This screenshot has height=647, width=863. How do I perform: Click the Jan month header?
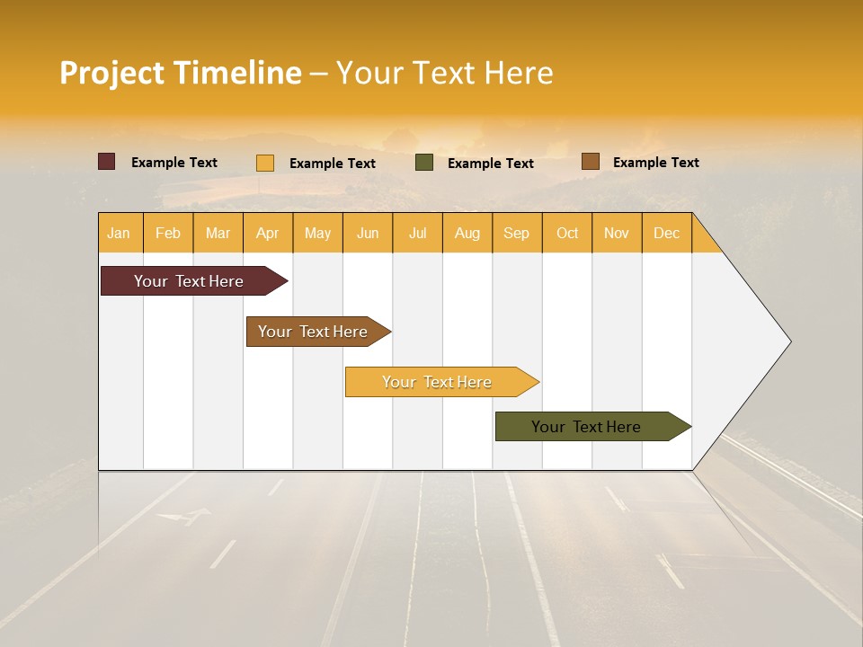(x=119, y=233)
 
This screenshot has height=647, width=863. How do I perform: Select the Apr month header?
(x=268, y=233)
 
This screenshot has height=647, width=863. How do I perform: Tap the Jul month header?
(x=417, y=233)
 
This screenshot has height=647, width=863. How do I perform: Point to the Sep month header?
(x=516, y=233)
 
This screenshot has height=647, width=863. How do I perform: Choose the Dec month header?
(x=666, y=233)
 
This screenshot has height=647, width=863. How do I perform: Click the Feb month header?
(x=168, y=233)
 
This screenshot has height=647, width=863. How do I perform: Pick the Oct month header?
(x=567, y=233)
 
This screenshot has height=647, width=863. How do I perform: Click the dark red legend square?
(x=107, y=162)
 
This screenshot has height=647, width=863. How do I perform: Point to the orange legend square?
(x=265, y=163)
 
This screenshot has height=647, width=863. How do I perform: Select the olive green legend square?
(x=424, y=163)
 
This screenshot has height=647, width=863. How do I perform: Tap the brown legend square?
(x=591, y=162)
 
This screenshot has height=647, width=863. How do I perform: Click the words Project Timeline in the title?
(x=181, y=73)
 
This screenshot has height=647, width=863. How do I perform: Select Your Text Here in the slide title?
(x=444, y=73)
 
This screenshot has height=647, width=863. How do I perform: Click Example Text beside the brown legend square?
(x=655, y=162)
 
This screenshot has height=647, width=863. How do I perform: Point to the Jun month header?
(x=368, y=233)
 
